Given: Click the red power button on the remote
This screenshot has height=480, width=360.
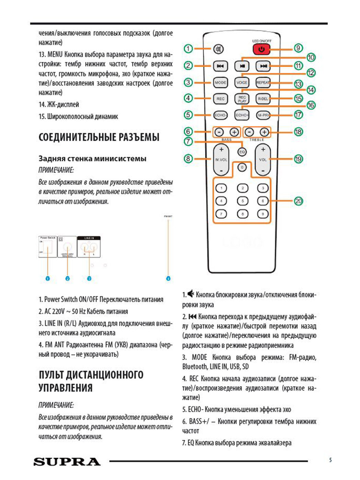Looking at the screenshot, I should pos(262,49).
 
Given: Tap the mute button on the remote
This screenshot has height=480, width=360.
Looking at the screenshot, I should pos(218,49).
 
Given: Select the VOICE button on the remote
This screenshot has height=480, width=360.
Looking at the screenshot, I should pos(242,82).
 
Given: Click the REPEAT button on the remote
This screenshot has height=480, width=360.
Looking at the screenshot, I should pos(263,82).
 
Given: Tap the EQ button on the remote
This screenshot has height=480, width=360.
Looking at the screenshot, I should pos(242,152).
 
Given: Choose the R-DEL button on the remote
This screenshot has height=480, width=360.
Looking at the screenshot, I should pos(263,99).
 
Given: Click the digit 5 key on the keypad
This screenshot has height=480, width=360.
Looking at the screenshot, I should pos(242,201).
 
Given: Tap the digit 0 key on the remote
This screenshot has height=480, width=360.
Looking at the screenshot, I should pos(242,167).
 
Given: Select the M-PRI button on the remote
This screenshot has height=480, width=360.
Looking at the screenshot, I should pos(263,115).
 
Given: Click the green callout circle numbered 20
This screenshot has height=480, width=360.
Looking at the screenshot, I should pos(298,201).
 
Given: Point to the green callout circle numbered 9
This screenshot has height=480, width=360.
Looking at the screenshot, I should pos(298,48).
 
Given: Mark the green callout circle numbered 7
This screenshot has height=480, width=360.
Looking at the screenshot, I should pos(188,141).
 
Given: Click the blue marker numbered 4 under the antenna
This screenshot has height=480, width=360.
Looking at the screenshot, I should pos(168,278).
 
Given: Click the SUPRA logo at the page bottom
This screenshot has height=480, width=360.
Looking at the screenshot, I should pos(67,462).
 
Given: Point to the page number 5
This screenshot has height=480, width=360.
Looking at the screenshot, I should pos(331,460).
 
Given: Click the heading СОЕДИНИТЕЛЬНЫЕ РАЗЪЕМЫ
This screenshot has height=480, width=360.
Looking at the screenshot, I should pos(99,137).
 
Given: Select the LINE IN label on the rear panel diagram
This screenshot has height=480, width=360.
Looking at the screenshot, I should pos(89,238).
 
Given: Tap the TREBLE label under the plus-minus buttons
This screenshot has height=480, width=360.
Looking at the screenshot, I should pos(257,140).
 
